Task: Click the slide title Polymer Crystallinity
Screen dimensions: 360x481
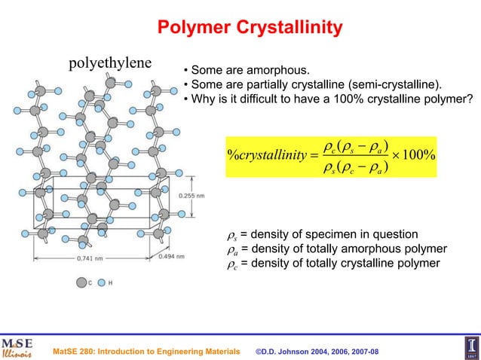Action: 250,29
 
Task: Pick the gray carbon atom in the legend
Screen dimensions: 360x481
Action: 81,283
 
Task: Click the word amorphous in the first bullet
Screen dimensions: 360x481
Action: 268,72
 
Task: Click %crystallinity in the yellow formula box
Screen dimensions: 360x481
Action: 270,155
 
